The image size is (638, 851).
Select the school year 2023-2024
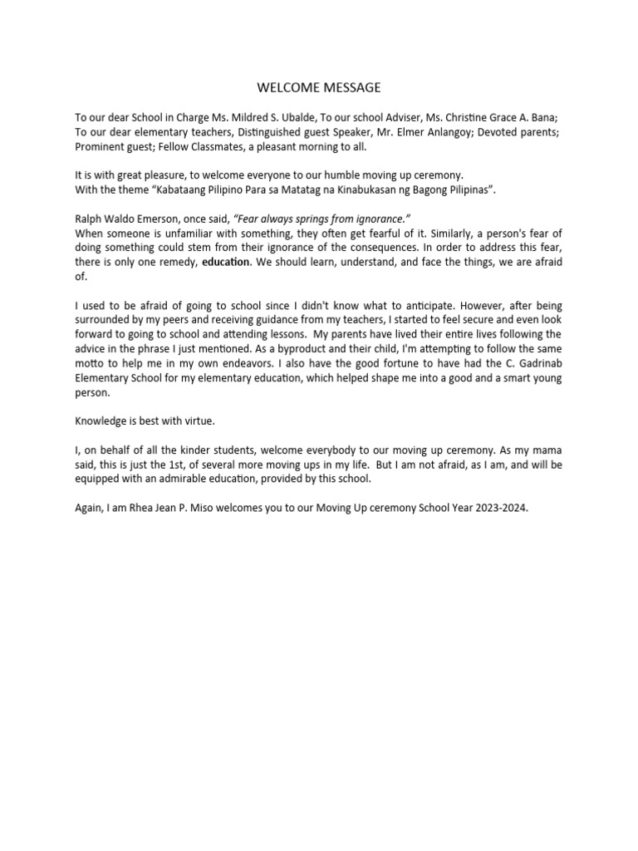(498, 507)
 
